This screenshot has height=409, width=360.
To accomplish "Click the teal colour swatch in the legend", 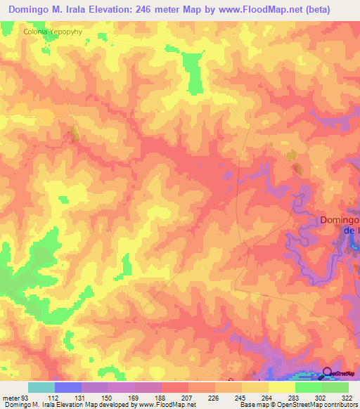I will [41, 387].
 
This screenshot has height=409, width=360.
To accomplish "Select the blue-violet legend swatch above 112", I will [68, 387].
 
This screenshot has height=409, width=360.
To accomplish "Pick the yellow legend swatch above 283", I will [282, 387].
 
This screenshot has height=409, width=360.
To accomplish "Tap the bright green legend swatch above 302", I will [309, 387].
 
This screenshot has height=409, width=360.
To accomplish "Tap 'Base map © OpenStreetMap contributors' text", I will [297, 405].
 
